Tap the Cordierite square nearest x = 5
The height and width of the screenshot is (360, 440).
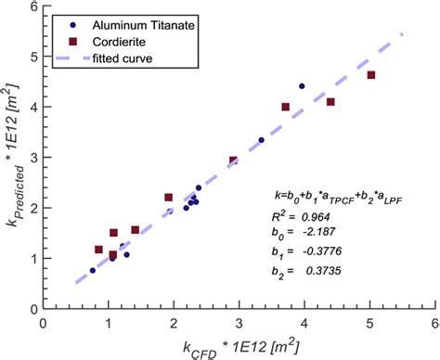pos(371,75)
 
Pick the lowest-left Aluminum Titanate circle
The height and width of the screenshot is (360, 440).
pos(93,270)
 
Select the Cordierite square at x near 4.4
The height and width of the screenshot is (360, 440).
pos(330,102)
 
